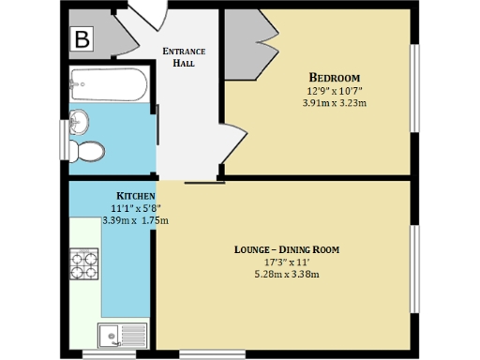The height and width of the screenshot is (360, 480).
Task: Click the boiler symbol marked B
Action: [82, 40]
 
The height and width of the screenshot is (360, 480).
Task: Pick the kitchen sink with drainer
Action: [123, 333]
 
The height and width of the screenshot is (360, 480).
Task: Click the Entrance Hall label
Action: [184, 56]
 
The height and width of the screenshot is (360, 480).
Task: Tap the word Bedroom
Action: [335, 77]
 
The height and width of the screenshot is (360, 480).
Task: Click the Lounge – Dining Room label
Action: [286, 249]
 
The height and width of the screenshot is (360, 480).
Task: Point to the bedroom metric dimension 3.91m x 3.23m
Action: [335, 103]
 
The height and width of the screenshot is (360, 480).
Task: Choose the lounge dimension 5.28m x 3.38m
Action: [286, 275]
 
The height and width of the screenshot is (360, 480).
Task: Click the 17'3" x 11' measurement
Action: [286, 262]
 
